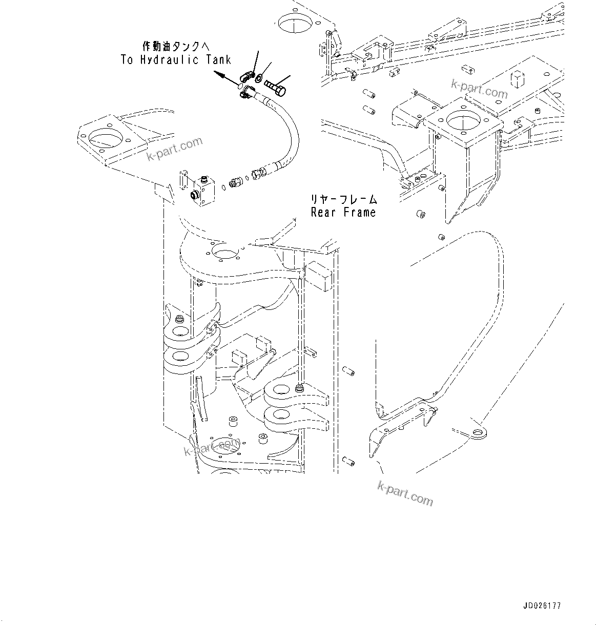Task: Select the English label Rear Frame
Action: point(343,212)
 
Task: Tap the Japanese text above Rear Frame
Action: point(343,199)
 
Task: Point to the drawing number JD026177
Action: point(542,606)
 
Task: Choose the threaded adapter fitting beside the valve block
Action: point(237,181)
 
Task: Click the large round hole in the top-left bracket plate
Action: point(106,139)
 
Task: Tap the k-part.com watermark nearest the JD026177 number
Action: point(405,493)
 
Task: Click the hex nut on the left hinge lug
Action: point(180,320)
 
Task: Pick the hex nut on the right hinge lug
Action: point(299,390)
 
